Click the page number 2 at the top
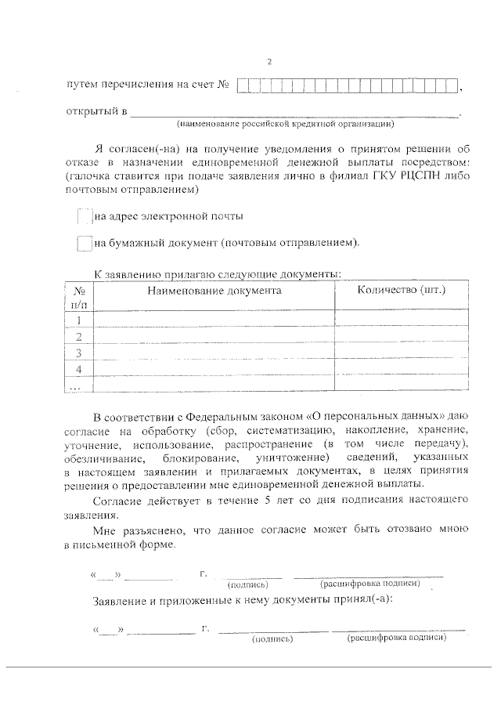[269, 62]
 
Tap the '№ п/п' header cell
[78, 296]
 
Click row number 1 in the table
[78, 320]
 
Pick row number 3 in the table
[78, 353]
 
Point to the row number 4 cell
[78, 369]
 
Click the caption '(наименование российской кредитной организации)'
[285, 124]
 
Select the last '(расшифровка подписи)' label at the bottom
[397, 639]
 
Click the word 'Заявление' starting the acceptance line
[118, 600]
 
